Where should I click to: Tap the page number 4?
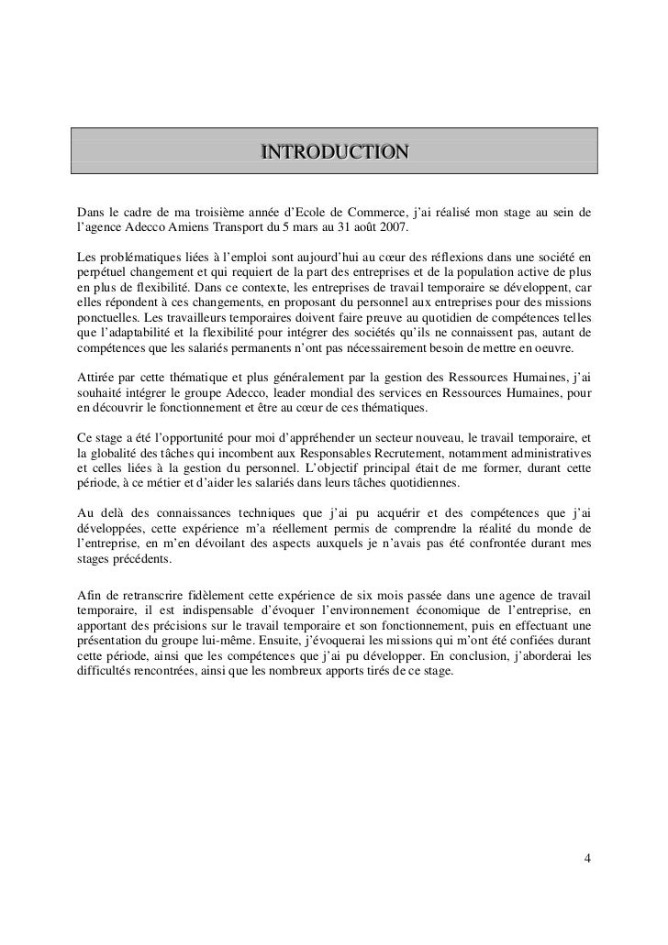(x=587, y=860)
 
